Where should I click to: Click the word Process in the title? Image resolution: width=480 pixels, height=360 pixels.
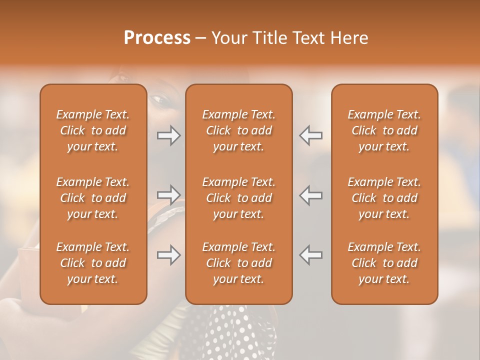[x=157, y=38]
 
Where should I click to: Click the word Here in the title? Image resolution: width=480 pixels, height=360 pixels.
[x=349, y=38]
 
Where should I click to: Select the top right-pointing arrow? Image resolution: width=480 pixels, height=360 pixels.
[x=168, y=135]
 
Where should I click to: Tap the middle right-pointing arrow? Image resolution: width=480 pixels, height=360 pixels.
[x=168, y=195]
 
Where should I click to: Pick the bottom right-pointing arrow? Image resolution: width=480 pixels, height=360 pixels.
[x=168, y=255]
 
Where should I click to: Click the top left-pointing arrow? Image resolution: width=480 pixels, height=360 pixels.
[x=311, y=135]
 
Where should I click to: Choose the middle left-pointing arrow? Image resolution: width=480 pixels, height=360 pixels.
[x=311, y=195]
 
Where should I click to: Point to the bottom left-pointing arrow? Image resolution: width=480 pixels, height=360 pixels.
[x=311, y=255]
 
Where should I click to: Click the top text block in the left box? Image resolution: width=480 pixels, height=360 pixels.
[x=93, y=130]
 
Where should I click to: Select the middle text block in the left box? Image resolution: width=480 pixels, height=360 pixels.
[x=93, y=198]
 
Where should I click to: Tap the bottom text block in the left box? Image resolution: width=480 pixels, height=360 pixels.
[x=93, y=263]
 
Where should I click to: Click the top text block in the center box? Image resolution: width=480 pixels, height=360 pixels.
[x=238, y=130]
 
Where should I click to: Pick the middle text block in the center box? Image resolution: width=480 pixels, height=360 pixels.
[x=238, y=198]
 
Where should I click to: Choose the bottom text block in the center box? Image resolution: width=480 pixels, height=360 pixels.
[x=238, y=263]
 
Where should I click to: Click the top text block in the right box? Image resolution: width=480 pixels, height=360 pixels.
[x=384, y=130]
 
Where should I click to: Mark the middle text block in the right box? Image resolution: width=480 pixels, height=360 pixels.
[x=384, y=198]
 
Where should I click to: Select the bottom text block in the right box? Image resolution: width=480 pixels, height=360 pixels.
[x=384, y=263]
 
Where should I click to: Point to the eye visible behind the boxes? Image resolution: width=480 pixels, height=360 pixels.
[x=162, y=100]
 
